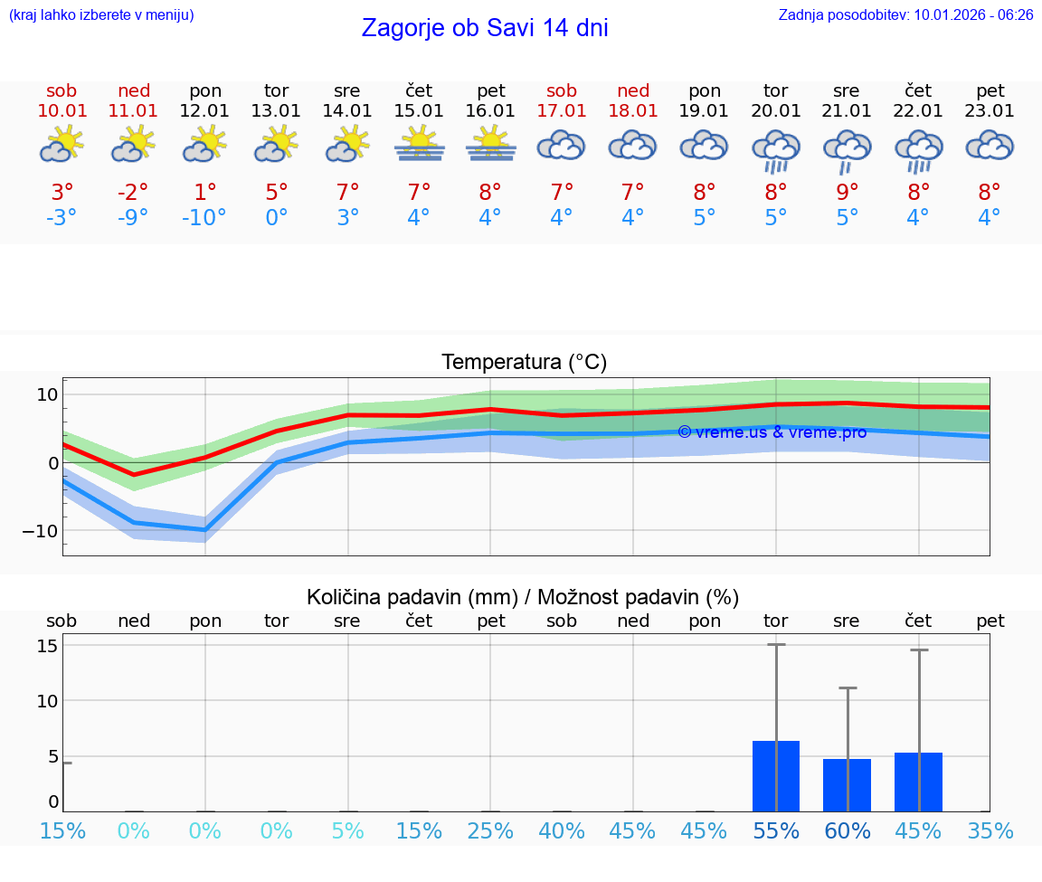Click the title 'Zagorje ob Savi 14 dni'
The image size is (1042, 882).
point(485,28)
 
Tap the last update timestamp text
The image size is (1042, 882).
point(905,15)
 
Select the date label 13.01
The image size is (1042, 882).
point(276,111)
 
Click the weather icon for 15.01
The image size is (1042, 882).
point(419,144)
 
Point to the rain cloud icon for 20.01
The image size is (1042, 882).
point(775,150)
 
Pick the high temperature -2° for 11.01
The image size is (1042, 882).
point(134,192)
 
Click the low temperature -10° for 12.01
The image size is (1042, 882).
point(204,218)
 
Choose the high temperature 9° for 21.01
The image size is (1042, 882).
point(847,192)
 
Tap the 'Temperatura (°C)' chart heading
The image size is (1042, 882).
point(524,363)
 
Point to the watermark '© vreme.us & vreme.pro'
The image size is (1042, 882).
point(772,432)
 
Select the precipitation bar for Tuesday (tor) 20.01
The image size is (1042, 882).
point(776,776)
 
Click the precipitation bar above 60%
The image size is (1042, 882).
point(847,785)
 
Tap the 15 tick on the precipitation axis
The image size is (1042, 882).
point(47,646)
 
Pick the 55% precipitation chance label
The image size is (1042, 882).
point(776,831)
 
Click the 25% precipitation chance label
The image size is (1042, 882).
point(490,831)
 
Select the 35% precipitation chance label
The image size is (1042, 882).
point(990,831)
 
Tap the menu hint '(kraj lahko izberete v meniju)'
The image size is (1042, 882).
point(101,15)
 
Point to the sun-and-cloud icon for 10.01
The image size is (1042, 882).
point(62,144)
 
